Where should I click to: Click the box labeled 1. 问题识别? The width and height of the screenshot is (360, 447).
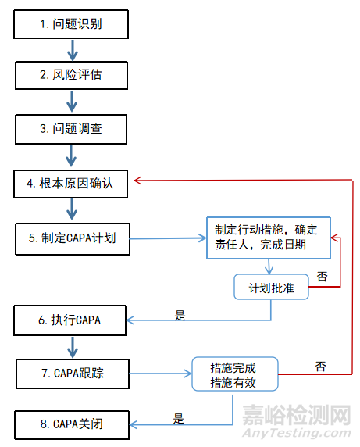coord(71,24)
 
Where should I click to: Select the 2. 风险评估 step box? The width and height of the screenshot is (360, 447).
coord(71,75)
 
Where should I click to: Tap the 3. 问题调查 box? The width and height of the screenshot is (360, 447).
coord(71,129)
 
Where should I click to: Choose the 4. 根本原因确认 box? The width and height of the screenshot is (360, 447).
coord(70,184)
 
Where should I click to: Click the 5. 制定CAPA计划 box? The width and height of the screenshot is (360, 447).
coord(73,239)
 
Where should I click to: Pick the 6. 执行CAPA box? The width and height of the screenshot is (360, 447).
coord(70,320)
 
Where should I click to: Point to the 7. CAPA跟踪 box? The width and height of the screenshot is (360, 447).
coord(73,374)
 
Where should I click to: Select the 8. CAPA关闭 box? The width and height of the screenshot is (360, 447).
coord(72,425)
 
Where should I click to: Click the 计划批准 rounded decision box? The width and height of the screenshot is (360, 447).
coord(271,287)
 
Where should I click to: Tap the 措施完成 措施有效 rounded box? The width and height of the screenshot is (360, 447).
coord(235,374)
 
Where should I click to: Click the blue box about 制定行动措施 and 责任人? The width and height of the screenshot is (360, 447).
coord(269,238)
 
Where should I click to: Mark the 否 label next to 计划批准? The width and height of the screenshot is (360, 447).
coord(322,277)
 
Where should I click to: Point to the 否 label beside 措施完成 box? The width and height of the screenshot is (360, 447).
coord(320,367)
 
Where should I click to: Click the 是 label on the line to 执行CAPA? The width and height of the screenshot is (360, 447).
coord(180,316)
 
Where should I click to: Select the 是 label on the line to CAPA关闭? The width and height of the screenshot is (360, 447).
coord(179,419)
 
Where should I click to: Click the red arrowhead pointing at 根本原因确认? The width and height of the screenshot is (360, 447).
coord(138,181)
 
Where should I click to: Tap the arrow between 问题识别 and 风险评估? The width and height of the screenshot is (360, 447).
coord(73,50)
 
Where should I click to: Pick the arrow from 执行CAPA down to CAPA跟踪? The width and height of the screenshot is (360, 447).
coord(73,347)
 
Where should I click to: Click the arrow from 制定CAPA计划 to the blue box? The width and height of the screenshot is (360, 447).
coord(168,238)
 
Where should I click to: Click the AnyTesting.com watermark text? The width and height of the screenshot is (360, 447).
coord(296,433)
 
